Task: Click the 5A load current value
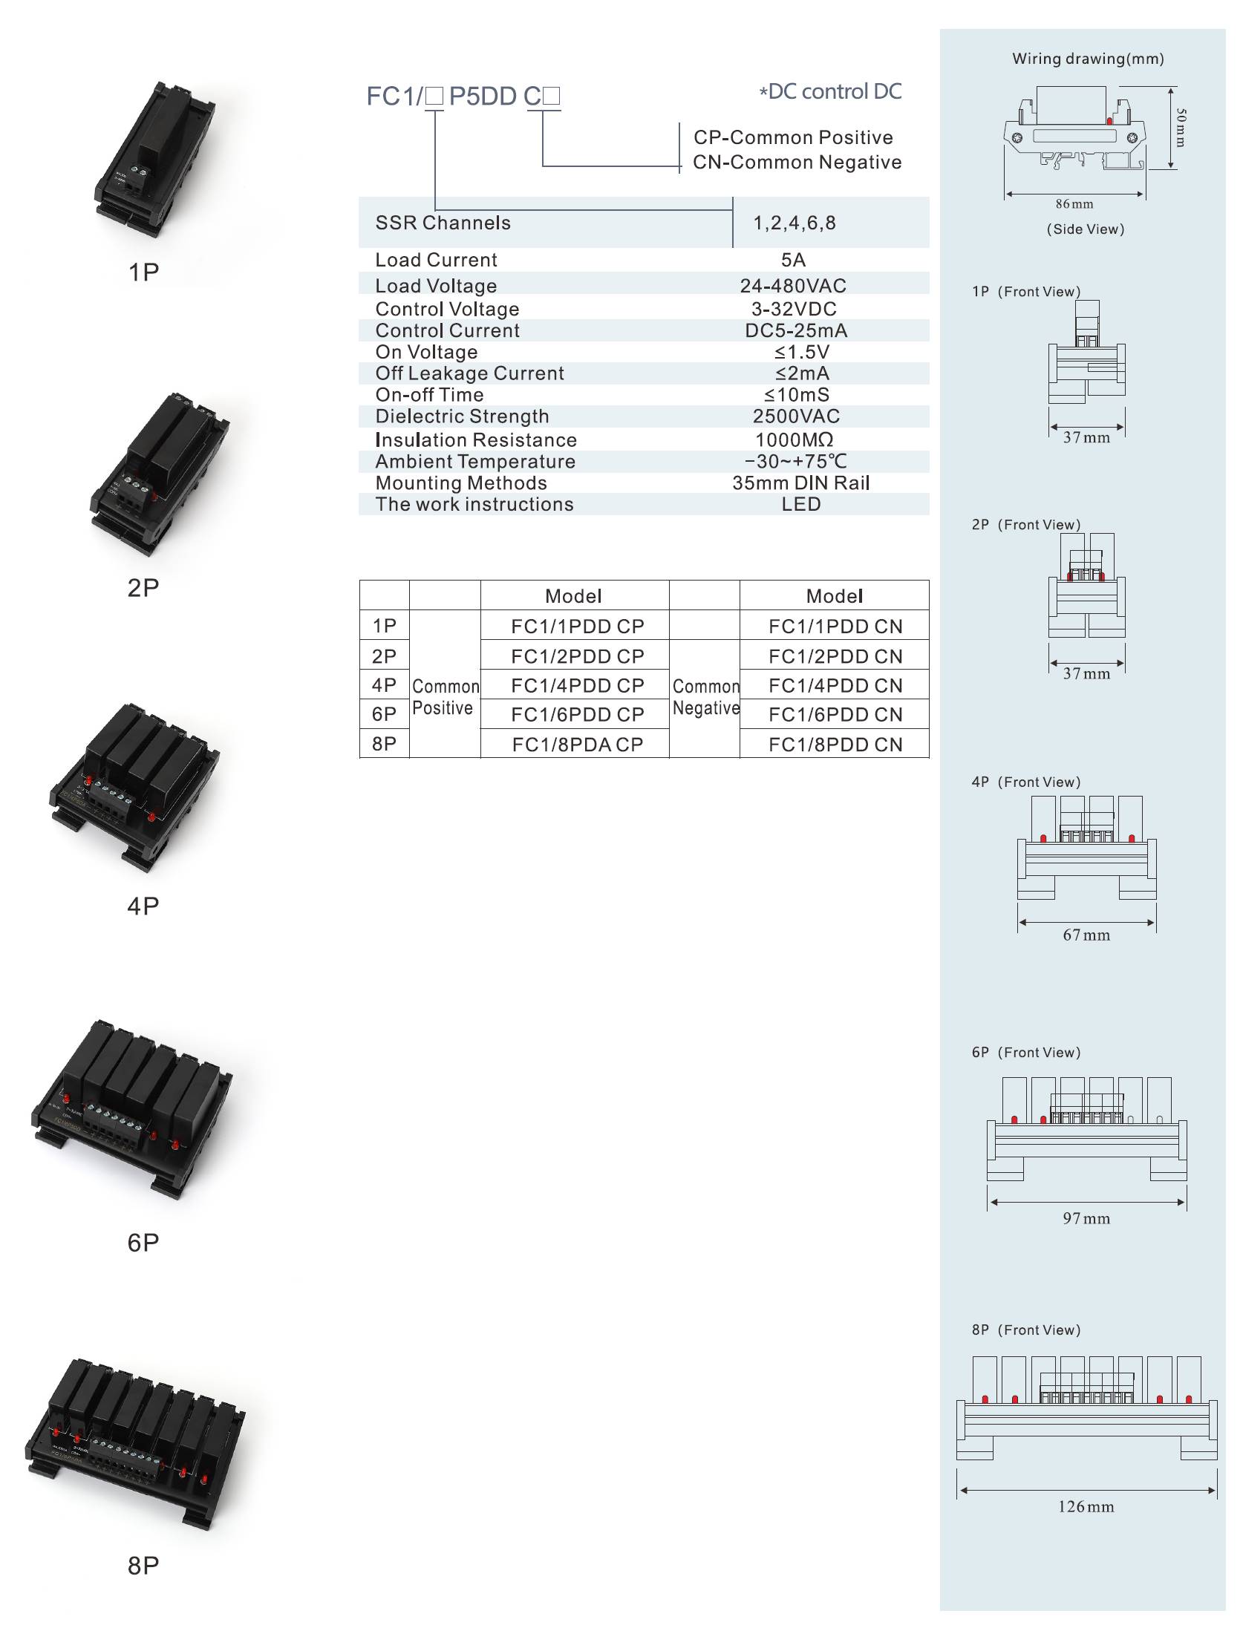pos(793,260)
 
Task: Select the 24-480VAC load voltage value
pos(793,286)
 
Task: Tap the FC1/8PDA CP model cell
pos(577,745)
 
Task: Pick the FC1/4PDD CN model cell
pos(835,685)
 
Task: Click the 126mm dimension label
pos(1086,1506)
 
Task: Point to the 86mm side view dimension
pos(1074,204)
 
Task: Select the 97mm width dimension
pos(1086,1218)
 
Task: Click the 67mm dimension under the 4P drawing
pos(1086,935)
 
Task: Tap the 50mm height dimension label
pos(1181,128)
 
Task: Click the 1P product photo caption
pos(143,272)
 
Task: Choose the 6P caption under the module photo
pos(143,1243)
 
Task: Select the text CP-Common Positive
pos(793,137)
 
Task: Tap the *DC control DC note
pos(829,91)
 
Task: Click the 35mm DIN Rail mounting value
pos(800,483)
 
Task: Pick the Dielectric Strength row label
pos(462,416)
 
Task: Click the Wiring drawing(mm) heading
pos(1088,59)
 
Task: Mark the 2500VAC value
pos(796,416)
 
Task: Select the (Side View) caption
pos(1086,229)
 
